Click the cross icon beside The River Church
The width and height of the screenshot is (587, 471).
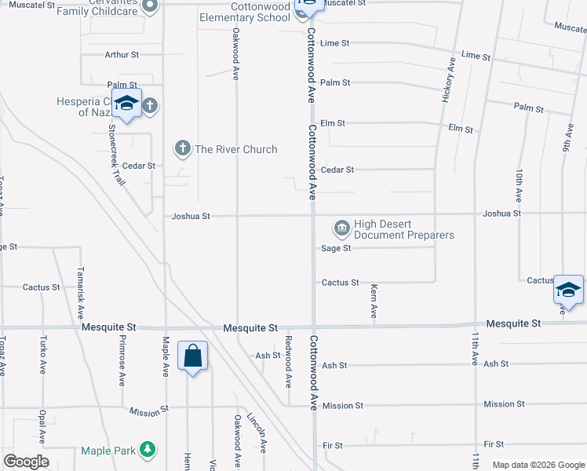pyautogui.click(x=182, y=148)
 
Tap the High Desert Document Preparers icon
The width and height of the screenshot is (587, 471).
pyautogui.click(x=342, y=228)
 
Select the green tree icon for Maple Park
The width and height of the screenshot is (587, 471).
pyautogui.click(x=146, y=450)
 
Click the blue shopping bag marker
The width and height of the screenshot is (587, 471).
pyautogui.click(x=192, y=357)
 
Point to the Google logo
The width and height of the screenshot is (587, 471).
pyautogui.click(x=26, y=462)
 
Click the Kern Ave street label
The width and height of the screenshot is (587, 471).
pyautogui.click(x=374, y=301)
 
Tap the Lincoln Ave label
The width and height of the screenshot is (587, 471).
pyautogui.click(x=257, y=433)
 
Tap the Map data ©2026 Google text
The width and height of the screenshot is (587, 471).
pyautogui.click(x=538, y=465)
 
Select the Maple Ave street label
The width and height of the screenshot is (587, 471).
pyautogui.click(x=166, y=357)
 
